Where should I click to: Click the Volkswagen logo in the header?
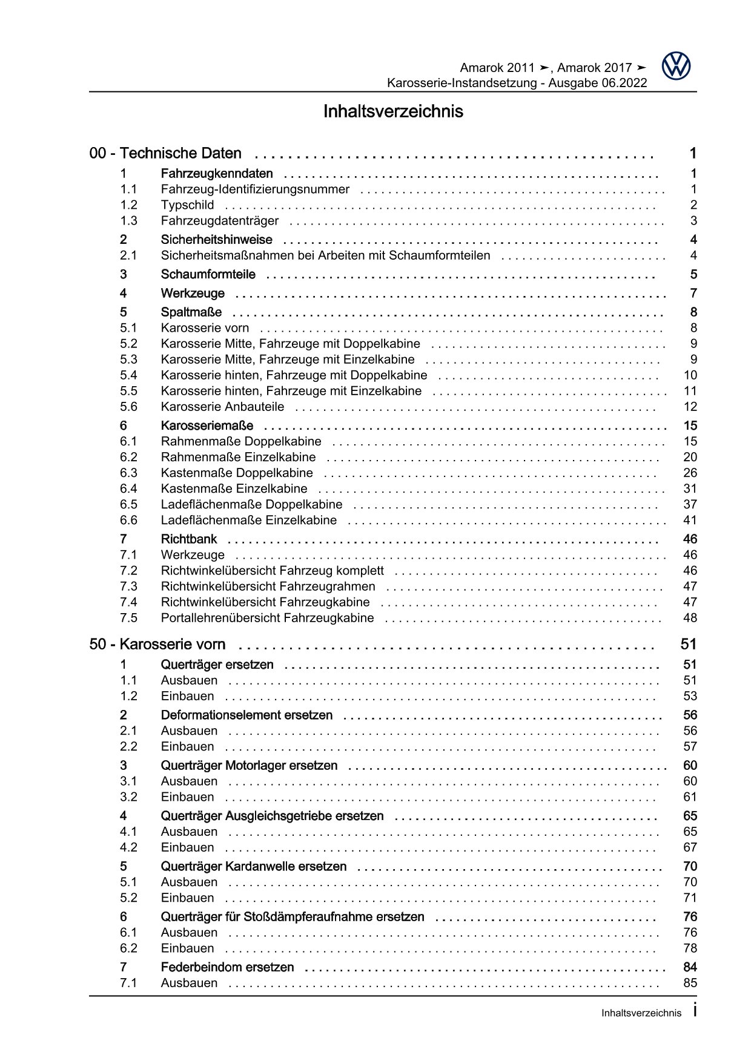676,66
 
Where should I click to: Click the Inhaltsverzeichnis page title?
393,112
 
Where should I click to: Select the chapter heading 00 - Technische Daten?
165,154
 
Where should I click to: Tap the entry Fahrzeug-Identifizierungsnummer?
255,189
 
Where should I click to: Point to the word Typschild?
187,205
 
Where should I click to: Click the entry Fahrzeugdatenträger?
220,221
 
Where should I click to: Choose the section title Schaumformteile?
208,275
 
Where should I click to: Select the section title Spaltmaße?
191,312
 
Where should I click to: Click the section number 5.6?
128,407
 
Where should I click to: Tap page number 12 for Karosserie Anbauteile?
690,407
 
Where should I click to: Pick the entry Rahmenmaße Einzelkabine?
238,458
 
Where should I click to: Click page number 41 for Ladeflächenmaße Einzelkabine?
690,521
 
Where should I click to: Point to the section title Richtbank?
189,539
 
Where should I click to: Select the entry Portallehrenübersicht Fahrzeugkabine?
267,618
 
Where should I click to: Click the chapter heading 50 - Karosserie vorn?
157,645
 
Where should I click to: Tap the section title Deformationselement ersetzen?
246,715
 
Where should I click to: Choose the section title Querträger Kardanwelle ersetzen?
254,867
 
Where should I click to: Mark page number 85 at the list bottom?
690,984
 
